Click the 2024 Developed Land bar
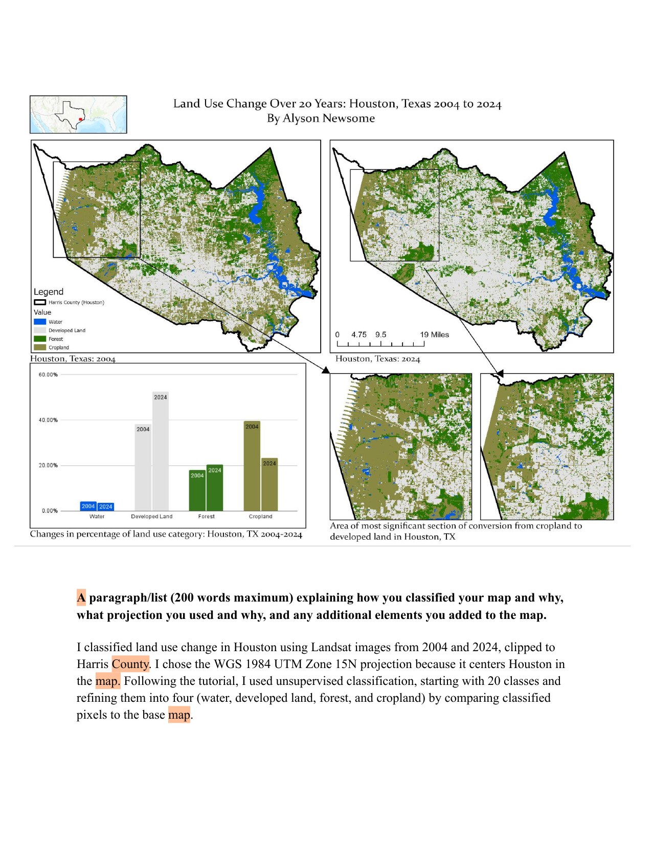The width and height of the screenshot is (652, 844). point(161,451)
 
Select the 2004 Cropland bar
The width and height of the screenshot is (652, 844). point(252,466)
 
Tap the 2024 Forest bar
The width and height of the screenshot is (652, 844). point(215,488)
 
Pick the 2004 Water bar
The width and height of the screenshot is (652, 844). point(88,506)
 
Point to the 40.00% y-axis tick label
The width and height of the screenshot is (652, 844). point(48,420)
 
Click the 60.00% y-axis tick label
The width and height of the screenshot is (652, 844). point(48,374)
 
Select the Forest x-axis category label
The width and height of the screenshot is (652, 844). point(206,516)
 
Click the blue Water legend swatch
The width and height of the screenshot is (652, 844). point(40,322)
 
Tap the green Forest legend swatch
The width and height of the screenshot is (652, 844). point(40,339)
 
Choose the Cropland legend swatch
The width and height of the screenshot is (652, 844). point(40,347)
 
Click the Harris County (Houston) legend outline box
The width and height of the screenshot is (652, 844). point(40,302)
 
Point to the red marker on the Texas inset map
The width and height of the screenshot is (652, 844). point(80,119)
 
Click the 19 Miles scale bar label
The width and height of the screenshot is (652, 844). point(434,335)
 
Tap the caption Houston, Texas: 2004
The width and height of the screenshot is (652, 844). point(73,359)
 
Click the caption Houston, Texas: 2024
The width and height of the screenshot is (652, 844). point(378,359)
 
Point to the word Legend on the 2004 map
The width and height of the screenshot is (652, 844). point(49,292)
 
